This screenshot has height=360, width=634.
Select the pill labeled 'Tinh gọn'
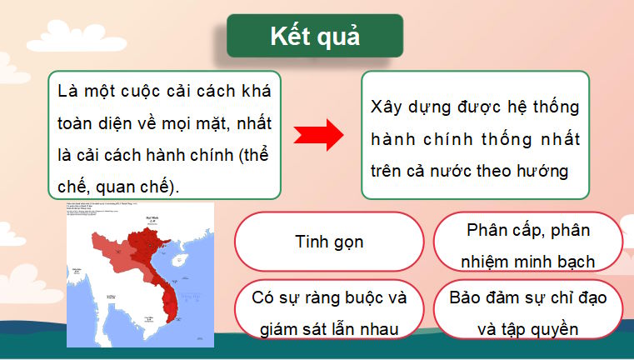[x=329, y=242]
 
